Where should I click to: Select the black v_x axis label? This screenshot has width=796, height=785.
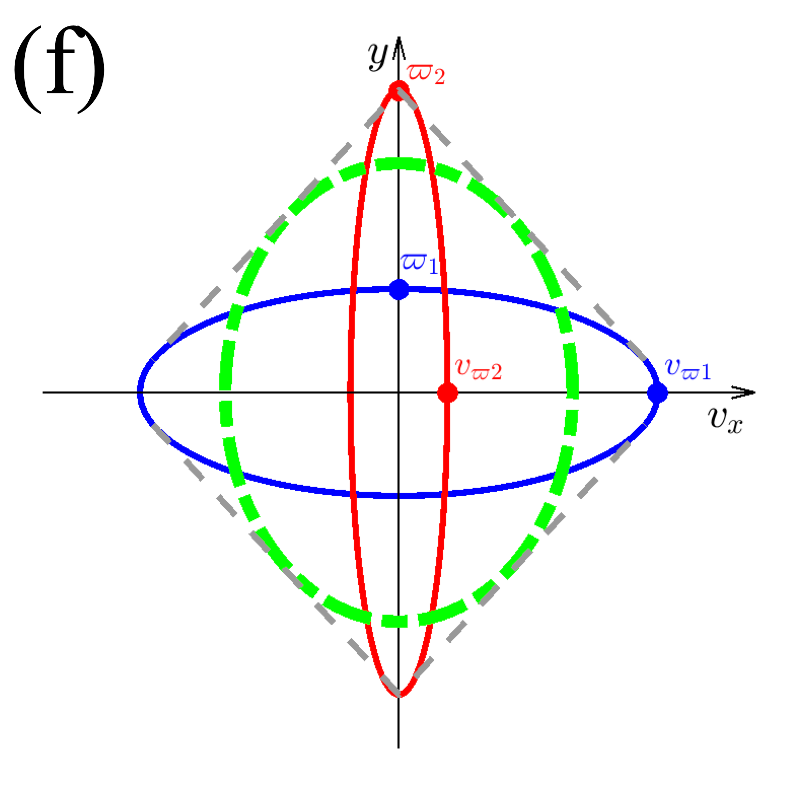point(725,420)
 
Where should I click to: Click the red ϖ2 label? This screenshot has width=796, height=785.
point(426,74)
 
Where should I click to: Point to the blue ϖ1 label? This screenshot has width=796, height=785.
point(419,263)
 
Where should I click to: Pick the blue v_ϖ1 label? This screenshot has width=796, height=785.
point(688,369)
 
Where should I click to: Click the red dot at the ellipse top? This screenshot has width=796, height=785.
point(399,91)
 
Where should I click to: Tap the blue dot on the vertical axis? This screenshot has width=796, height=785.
point(399,290)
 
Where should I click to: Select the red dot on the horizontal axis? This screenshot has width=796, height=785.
point(448,393)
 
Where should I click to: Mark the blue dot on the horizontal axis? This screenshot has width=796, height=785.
point(658,393)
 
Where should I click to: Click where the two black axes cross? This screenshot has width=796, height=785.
point(399,393)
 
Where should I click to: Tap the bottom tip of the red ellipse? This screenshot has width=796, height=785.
point(400,695)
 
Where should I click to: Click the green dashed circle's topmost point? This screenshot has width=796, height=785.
point(399,164)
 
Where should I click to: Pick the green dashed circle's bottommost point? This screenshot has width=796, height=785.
point(399,621)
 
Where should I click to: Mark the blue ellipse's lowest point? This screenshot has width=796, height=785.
point(399,495)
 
